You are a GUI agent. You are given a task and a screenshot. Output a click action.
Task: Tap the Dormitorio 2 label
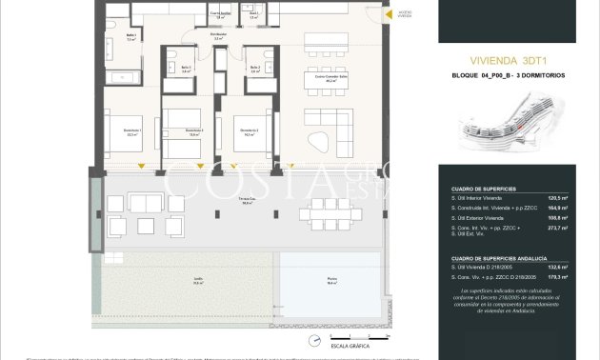[250, 132]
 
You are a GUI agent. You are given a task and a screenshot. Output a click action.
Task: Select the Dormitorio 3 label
[194, 131]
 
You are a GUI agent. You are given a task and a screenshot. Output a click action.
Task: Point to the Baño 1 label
[130, 38]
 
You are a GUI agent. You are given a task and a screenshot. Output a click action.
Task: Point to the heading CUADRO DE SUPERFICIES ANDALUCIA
[497, 258]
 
